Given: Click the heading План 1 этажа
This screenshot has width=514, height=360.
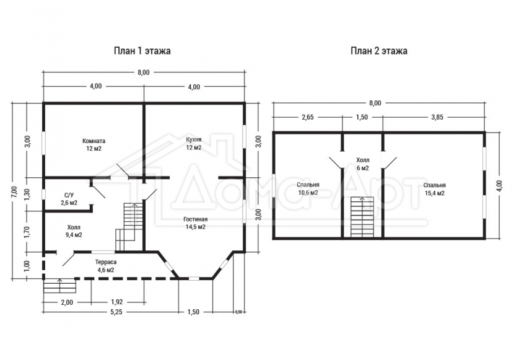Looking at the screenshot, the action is point(142,51).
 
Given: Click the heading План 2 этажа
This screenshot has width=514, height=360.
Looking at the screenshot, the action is point(379,51).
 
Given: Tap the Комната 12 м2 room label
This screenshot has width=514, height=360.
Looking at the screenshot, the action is point(94,144).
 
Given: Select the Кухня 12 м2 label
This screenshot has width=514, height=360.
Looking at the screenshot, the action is point(193,143).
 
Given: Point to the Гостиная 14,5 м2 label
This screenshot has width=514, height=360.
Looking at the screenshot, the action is point(195,223).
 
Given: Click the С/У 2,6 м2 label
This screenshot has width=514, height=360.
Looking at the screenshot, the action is point(69,199).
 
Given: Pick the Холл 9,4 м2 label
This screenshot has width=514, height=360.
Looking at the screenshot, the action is point(74,231).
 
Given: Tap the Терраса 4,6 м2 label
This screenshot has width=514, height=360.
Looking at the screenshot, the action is point(105,266).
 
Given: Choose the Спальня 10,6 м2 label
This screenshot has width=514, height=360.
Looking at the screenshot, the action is point(308,188).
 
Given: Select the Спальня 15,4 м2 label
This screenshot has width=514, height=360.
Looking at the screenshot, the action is point(435,189).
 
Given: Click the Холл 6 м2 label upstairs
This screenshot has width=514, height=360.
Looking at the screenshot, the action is point(362,164).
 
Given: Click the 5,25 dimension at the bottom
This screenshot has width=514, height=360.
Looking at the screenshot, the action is point(116,312).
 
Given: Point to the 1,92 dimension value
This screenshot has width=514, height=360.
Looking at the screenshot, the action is point(116,302).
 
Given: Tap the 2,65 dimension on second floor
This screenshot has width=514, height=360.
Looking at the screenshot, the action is point(308,117).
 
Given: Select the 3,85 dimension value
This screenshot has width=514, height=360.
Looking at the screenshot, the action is point(437,117).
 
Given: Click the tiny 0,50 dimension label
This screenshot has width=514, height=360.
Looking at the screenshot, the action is point(238,312).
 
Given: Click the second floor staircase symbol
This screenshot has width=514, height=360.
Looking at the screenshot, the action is point(362,217).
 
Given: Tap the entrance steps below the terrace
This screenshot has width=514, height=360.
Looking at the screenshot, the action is point(60,286).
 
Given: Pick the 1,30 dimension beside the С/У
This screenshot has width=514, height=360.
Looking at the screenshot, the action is point(27,195).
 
